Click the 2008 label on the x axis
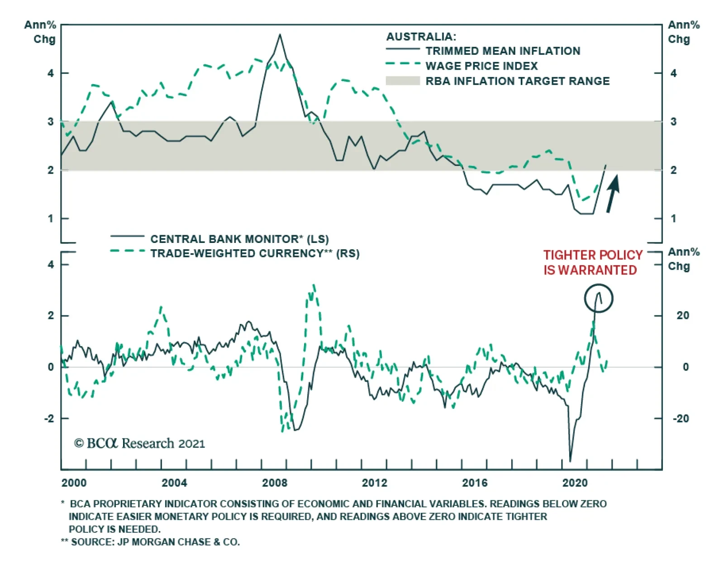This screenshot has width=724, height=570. [x=274, y=483]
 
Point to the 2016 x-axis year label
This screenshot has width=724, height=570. [x=475, y=483]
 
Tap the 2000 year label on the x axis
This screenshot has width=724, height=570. [x=74, y=483]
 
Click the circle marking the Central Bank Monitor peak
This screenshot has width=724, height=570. [x=598, y=298]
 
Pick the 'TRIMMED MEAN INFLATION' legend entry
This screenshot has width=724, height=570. [x=502, y=51]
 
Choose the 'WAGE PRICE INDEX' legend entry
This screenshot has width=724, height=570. [x=481, y=66]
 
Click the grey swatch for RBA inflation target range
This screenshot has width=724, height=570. [x=403, y=81]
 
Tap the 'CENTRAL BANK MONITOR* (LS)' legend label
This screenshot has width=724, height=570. [x=239, y=239]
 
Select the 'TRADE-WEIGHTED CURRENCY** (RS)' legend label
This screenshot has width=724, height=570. [x=255, y=253]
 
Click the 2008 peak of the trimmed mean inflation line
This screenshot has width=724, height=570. [x=280, y=35]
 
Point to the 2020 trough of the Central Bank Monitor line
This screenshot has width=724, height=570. [x=570, y=461]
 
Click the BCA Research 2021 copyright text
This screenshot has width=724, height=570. [x=139, y=443]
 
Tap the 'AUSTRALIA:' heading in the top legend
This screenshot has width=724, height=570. [x=421, y=37]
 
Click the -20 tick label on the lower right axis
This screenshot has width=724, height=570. [x=681, y=418]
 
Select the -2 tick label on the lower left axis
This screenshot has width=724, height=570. [x=50, y=418]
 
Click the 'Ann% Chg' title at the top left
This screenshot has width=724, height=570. [x=41, y=32]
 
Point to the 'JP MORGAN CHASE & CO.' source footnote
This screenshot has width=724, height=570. [x=155, y=542]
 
